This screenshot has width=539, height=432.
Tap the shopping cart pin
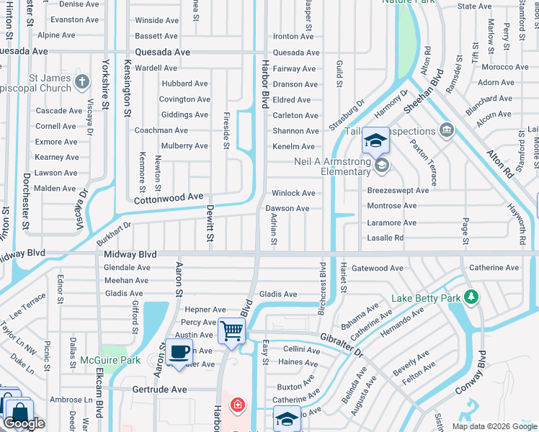[x=232, y=331]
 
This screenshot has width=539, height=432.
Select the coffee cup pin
[x=179, y=352]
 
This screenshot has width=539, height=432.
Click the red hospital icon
[x=236, y=405]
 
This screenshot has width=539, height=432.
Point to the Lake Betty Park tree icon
[x=471, y=297]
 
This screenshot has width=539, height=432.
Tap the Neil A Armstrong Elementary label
[x=331, y=166]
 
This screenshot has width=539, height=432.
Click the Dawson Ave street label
[x=288, y=209]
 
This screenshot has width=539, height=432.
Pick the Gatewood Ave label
[x=378, y=268]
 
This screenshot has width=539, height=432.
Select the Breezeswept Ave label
[x=398, y=191]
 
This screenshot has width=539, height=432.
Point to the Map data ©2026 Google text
[x=494, y=426]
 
